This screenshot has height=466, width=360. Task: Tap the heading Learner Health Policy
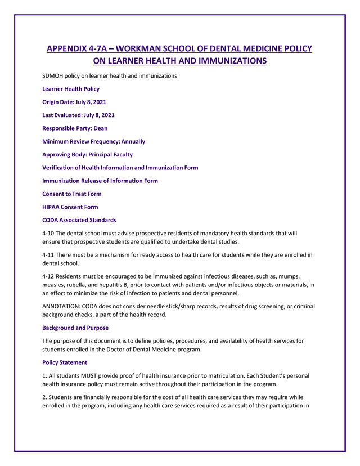[x=71, y=89]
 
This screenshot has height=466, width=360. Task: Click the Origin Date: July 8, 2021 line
[x=74, y=102]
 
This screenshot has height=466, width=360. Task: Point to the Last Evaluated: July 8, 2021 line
[x=78, y=115]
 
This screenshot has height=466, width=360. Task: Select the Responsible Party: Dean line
[x=75, y=128]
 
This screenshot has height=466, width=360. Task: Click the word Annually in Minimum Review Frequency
[x=131, y=141]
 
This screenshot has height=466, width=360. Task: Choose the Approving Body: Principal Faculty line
[x=88, y=154]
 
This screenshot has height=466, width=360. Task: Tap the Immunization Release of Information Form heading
[x=100, y=181]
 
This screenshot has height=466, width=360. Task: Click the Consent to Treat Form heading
[x=72, y=194]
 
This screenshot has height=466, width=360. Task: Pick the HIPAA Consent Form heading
[x=70, y=207]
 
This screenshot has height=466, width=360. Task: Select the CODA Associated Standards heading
[x=79, y=220]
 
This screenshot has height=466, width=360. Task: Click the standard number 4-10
[x=48, y=233]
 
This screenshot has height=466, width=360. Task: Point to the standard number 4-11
[x=48, y=255]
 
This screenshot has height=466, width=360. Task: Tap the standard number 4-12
[x=48, y=276]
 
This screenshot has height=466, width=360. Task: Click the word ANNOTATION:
[x=63, y=306]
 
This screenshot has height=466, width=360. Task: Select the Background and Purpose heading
[x=75, y=328]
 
